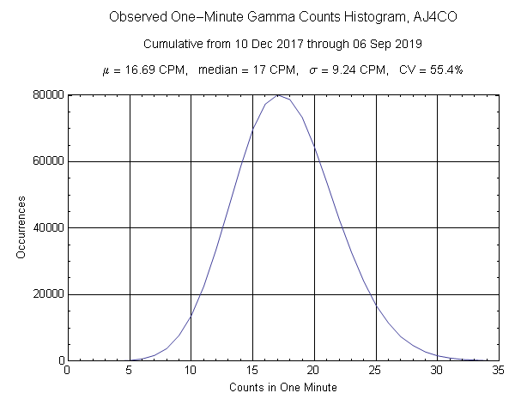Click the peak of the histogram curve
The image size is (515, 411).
pos(278,95)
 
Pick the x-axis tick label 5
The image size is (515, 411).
pos(130,371)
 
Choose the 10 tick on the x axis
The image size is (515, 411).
pos(191,371)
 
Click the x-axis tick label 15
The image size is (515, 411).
pos(252,371)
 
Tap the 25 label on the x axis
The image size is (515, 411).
pos(375,371)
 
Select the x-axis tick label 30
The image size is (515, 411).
pos(437,371)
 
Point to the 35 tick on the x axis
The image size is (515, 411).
pos(498,371)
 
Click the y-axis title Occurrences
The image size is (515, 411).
pos(21,227)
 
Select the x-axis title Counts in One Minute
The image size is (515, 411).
pos(283,388)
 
